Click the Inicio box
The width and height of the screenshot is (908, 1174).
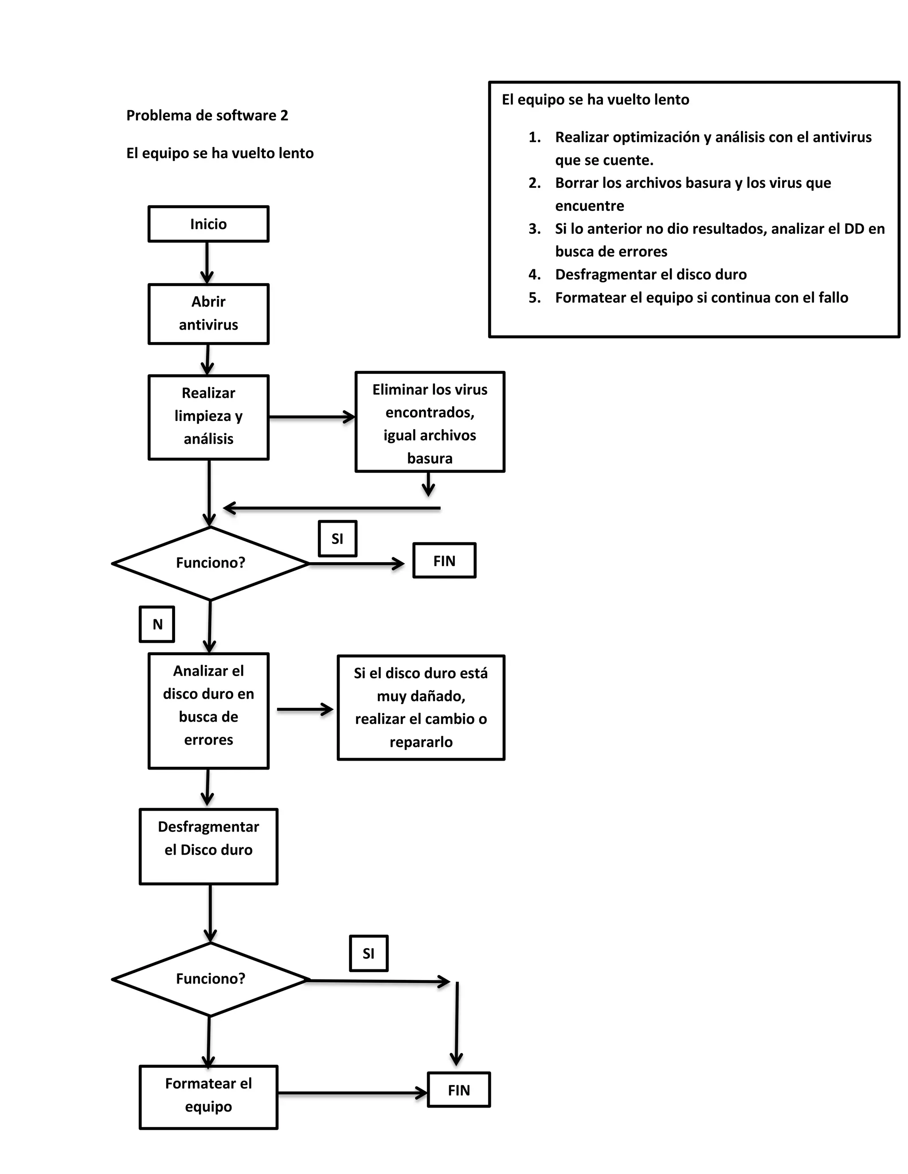click(x=208, y=224)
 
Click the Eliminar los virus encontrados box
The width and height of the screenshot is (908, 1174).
click(x=429, y=422)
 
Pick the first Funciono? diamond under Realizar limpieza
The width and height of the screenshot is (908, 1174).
click(x=210, y=563)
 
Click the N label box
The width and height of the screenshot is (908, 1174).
click(x=157, y=624)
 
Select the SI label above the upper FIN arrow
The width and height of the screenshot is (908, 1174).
click(x=337, y=539)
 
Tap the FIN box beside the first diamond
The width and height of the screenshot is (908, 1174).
click(x=444, y=561)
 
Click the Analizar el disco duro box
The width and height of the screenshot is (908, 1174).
click(x=208, y=710)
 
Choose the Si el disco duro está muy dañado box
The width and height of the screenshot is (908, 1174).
click(x=421, y=707)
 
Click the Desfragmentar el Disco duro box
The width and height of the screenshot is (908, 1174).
click(x=208, y=846)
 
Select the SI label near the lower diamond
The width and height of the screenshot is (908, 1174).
click(x=368, y=953)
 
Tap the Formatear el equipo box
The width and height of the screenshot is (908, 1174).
click(x=208, y=1096)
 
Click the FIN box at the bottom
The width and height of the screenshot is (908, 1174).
click(x=459, y=1090)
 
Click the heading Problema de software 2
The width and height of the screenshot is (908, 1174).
click(x=207, y=116)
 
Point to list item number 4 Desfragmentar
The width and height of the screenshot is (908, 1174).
click(x=650, y=275)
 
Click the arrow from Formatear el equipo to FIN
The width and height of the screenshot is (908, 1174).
click(x=352, y=1093)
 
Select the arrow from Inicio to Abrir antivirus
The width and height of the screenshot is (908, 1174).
click(x=207, y=262)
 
